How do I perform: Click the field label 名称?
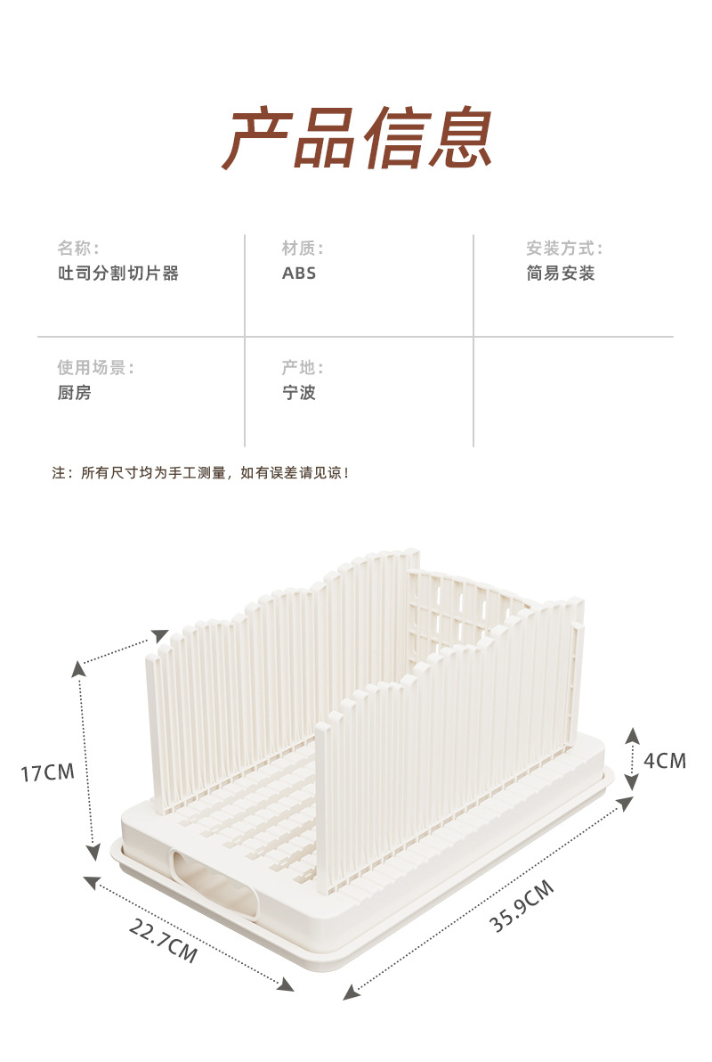point(78,248)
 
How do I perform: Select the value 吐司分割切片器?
point(118,274)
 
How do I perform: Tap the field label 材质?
point(303,248)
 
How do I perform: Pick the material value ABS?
point(299,274)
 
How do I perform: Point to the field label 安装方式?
point(564,248)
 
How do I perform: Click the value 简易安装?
point(561,274)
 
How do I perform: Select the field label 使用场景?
point(95,367)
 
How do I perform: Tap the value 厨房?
point(75,393)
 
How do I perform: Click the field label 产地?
point(303,367)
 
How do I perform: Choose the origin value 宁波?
point(299,393)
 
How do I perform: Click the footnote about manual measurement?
point(201,473)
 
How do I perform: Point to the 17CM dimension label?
point(48,772)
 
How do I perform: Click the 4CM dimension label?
point(665,761)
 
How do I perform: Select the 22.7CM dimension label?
point(163,940)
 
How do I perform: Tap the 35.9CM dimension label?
point(522,905)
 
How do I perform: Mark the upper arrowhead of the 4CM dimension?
point(631,735)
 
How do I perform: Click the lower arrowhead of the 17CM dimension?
point(93,853)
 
